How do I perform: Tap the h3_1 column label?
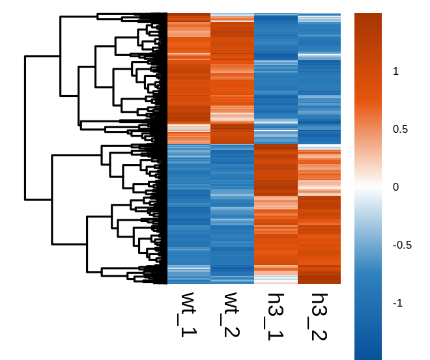click(x=275, y=316)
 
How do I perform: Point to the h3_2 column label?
click(x=319, y=316)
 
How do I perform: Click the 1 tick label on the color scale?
click(x=395, y=72)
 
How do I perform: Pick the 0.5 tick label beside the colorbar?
click(x=399, y=129)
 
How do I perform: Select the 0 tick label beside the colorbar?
click(x=395, y=187)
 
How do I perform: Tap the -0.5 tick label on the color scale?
click(x=401, y=245)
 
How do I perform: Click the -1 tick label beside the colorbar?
click(x=397, y=303)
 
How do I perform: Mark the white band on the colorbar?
click(x=368, y=187)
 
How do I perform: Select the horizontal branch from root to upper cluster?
click(x=42, y=57)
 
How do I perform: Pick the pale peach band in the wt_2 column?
click(x=232, y=116)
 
